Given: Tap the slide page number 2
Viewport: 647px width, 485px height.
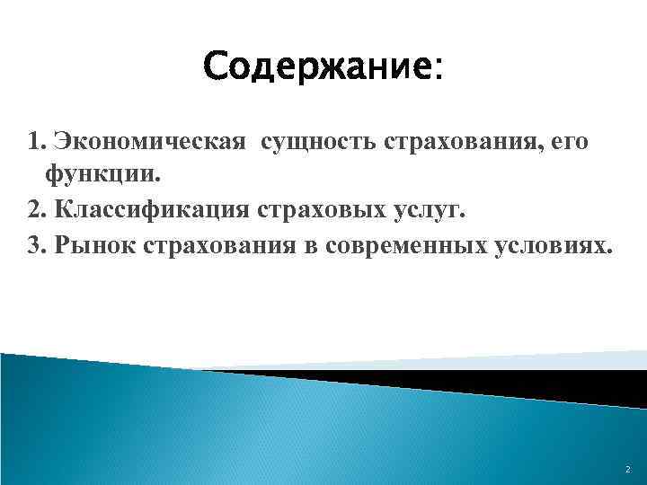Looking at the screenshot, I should coord(627,469).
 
